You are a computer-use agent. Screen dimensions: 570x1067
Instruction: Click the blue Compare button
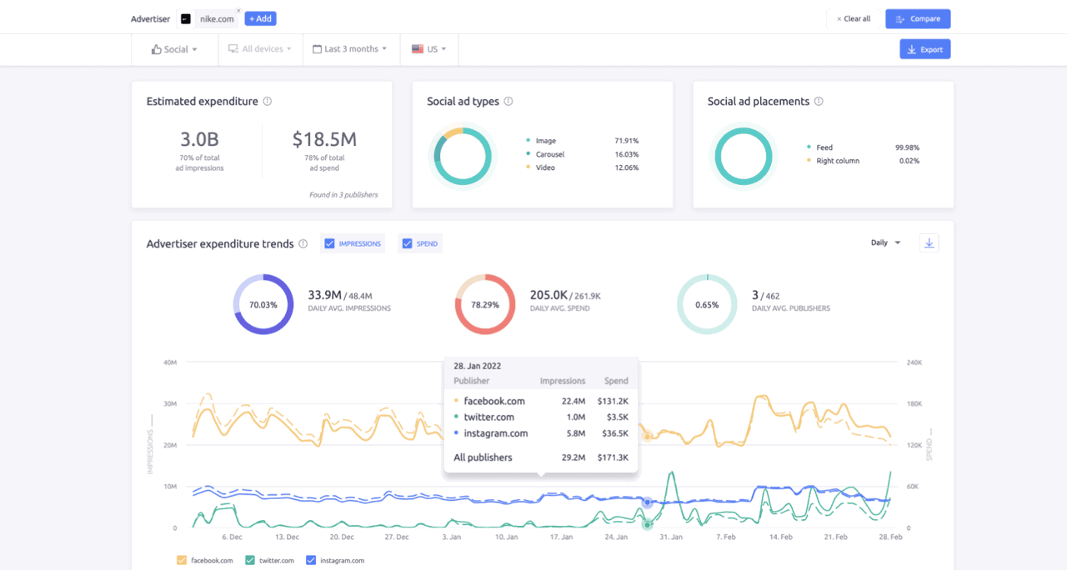click(x=918, y=19)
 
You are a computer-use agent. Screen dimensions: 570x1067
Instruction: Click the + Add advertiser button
click(x=260, y=18)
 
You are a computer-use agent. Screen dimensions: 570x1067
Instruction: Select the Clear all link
click(x=854, y=19)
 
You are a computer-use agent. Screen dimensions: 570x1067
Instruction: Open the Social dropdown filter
click(x=175, y=49)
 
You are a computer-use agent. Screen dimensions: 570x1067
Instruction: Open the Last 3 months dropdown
click(x=349, y=49)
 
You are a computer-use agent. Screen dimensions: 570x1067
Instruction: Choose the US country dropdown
click(x=429, y=49)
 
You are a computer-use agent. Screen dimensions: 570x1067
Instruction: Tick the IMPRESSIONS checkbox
click(x=330, y=244)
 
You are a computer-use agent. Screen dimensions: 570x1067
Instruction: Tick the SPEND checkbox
click(x=408, y=244)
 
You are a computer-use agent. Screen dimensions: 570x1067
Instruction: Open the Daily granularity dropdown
click(x=885, y=242)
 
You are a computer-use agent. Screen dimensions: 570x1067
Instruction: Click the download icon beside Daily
click(x=929, y=242)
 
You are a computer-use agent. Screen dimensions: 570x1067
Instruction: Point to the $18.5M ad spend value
click(x=324, y=139)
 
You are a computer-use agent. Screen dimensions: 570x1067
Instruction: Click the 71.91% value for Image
click(x=626, y=141)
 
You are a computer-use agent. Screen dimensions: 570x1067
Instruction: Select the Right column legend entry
click(x=837, y=161)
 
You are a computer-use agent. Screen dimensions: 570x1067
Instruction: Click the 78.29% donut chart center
click(x=485, y=305)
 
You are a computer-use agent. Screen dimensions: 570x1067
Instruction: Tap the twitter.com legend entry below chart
click(x=270, y=561)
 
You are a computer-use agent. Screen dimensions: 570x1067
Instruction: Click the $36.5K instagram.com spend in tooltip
click(x=616, y=433)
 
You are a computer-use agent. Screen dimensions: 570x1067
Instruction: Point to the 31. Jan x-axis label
click(x=671, y=537)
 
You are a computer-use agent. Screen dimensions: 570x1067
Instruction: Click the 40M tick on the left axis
click(x=170, y=362)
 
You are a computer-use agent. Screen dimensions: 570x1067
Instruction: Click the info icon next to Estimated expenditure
click(x=268, y=102)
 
